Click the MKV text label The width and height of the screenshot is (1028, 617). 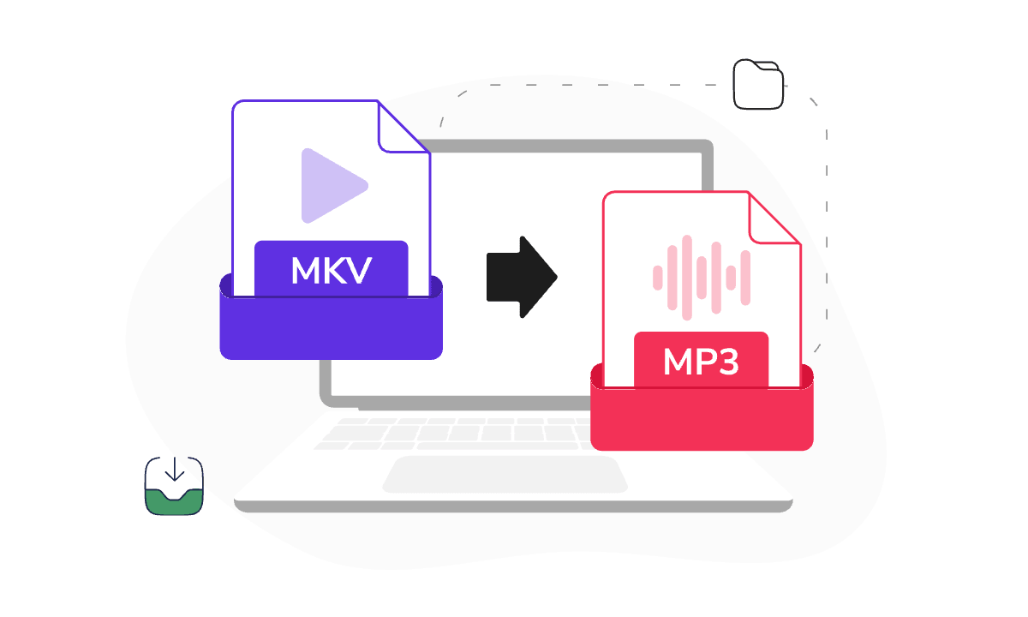click(x=331, y=271)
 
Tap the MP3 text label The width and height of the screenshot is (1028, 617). click(x=701, y=362)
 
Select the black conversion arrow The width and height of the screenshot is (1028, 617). click(x=522, y=277)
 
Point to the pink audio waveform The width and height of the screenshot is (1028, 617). click(x=702, y=278)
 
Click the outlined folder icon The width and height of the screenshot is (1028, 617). click(x=757, y=85)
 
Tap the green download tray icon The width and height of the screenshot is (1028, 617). click(x=174, y=486)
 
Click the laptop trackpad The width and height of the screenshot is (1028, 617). click(x=505, y=474)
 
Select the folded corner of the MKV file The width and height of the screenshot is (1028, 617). click(x=400, y=129)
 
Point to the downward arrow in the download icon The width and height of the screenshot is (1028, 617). click(x=175, y=469)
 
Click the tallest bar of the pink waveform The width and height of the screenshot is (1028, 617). click(x=686, y=278)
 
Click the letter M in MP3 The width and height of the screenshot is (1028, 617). click(x=678, y=362)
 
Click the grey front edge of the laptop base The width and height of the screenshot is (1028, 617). click(x=513, y=506)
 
